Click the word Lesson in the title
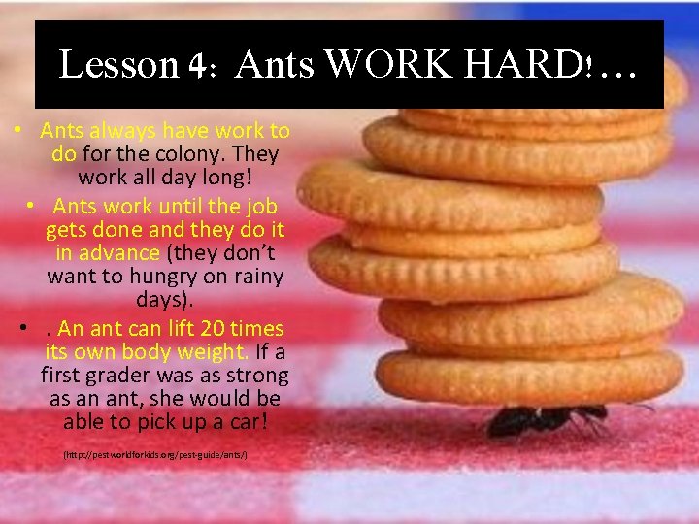click(x=118, y=65)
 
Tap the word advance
click(x=120, y=253)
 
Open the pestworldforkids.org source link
click(x=155, y=454)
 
